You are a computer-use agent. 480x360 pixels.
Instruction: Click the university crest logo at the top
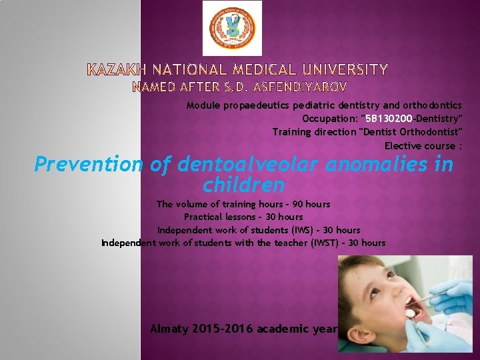coord(232,29)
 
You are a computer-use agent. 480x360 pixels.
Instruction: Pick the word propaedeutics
coord(255,105)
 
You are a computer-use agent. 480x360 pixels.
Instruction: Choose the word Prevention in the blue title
coord(89,164)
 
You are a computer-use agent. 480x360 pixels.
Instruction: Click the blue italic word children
coord(244,184)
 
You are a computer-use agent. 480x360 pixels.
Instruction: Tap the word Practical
coord(204,217)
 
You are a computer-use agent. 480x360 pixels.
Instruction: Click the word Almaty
coord(169,329)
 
